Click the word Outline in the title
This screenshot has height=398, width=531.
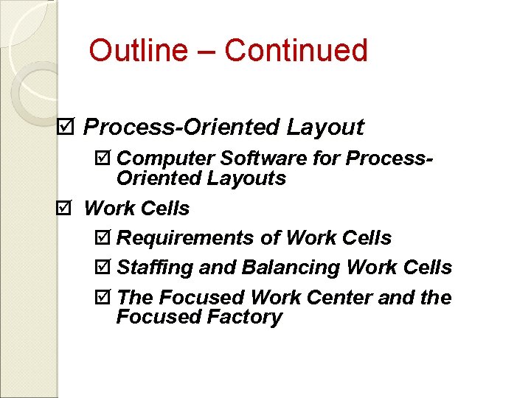tap(139, 50)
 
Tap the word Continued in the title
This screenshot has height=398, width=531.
tap(296, 50)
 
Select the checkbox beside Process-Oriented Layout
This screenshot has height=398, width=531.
tap(65, 127)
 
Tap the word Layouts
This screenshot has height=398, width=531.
tap(249, 178)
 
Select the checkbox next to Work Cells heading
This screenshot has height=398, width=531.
tap(65, 209)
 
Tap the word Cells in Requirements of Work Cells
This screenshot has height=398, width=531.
tap(367, 238)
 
